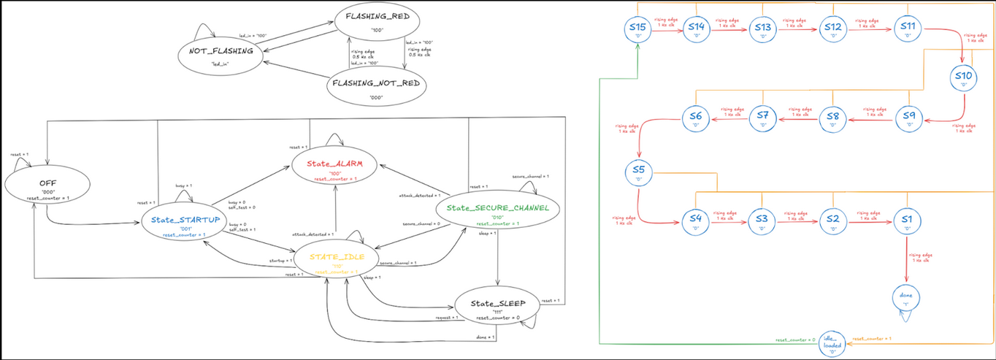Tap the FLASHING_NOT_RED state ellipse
point(376,88)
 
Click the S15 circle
point(637,29)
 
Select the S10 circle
point(963,78)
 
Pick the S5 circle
point(637,173)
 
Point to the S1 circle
point(906,221)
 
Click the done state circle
point(906,298)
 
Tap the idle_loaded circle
point(832,344)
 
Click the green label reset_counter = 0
point(795,340)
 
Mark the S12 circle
point(832,29)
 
